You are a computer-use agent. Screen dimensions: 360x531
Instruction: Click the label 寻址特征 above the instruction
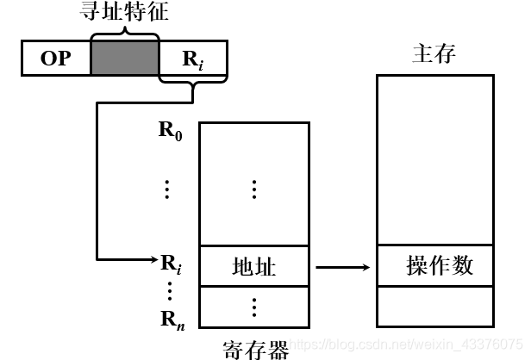point(124,14)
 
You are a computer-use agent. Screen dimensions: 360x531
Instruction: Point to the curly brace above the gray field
point(124,33)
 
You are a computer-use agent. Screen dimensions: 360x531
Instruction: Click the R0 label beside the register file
point(171,133)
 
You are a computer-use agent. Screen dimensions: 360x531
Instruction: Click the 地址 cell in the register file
point(254,266)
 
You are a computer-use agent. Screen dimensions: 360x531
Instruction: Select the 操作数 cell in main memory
point(440,265)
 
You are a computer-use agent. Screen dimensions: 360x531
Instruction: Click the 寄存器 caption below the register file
point(254,347)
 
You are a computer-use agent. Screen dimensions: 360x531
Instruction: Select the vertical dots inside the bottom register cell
point(254,306)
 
